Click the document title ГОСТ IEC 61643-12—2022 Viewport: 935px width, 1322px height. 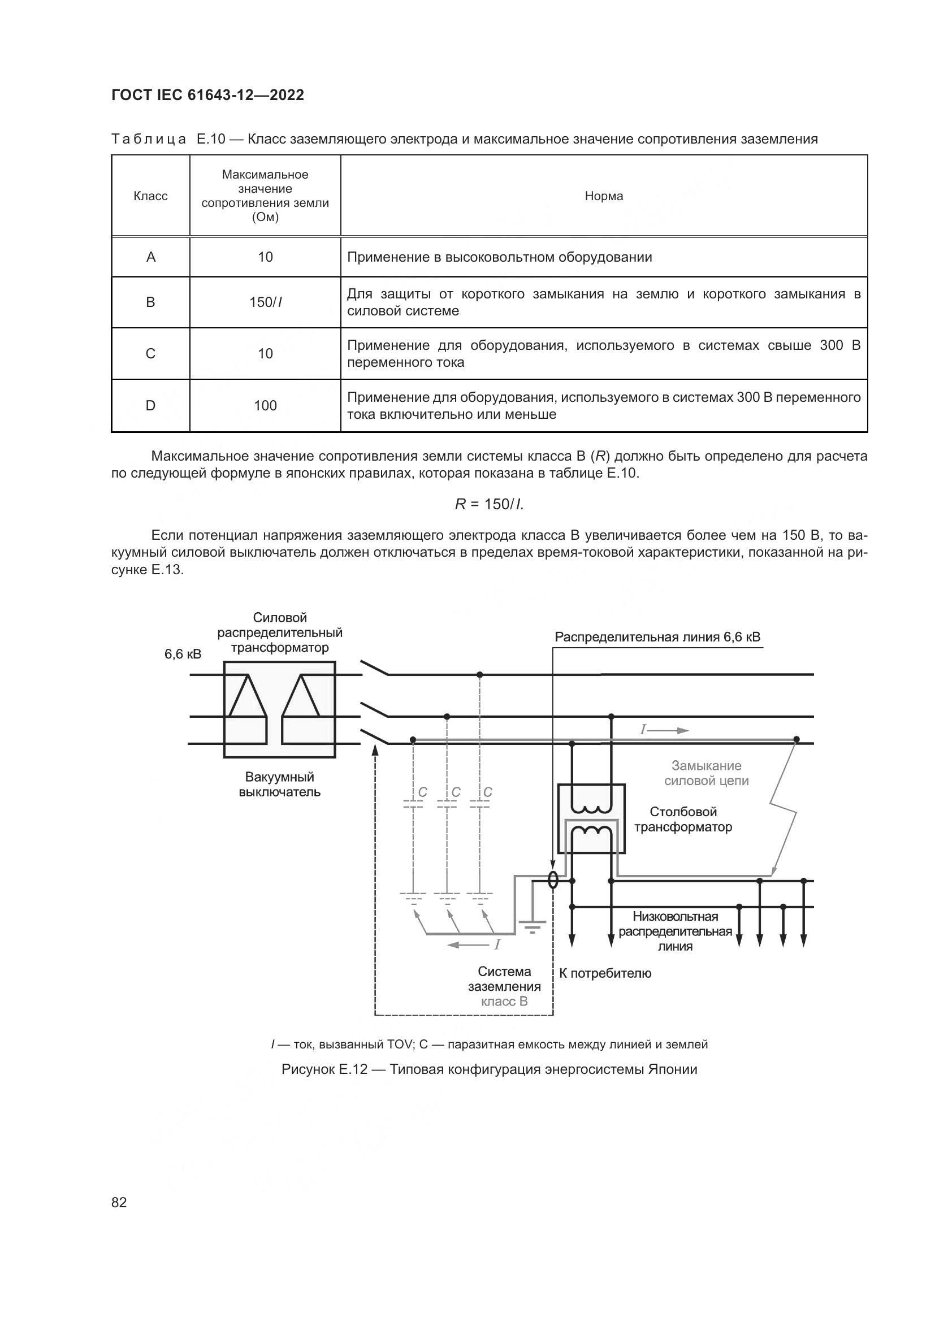point(207,95)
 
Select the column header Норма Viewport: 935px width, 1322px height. point(603,196)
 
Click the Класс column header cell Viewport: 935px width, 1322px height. point(150,196)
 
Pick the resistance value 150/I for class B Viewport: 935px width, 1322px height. point(266,302)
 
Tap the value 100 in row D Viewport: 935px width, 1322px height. point(266,405)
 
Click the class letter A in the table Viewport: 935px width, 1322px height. point(151,257)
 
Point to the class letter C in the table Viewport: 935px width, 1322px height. point(150,353)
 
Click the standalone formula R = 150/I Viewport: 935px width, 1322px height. point(489,504)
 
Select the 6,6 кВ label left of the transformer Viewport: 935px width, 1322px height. point(183,654)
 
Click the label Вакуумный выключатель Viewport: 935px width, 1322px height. point(279,784)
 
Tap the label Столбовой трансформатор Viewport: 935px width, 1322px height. point(683,820)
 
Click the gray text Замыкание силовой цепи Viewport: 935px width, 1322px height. point(707,773)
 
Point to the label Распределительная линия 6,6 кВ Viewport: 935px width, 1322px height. point(657,637)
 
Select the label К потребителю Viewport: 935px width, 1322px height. point(605,973)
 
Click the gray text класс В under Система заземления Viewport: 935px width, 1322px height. point(504,1002)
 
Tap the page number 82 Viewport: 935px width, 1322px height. point(119,1202)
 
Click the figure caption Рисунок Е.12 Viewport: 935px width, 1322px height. point(489,1069)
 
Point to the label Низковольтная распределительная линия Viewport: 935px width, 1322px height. point(675,931)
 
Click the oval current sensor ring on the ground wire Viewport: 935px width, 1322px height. point(553,880)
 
